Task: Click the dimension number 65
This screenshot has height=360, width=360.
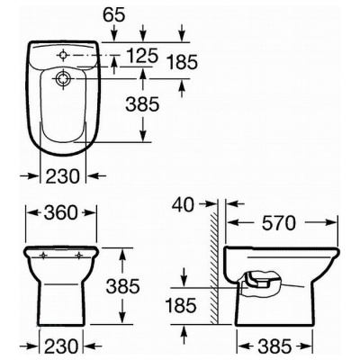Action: [x=113, y=15]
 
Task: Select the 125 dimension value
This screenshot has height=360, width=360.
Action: [x=142, y=56]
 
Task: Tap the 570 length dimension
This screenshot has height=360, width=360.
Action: [x=279, y=223]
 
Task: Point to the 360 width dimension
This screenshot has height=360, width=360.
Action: [x=61, y=213]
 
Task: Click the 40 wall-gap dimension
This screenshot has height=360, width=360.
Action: [x=184, y=205]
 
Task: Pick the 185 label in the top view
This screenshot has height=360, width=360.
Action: [x=183, y=63]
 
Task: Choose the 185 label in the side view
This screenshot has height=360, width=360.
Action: [x=181, y=305]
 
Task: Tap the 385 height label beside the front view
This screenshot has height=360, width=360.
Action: [x=123, y=286]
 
